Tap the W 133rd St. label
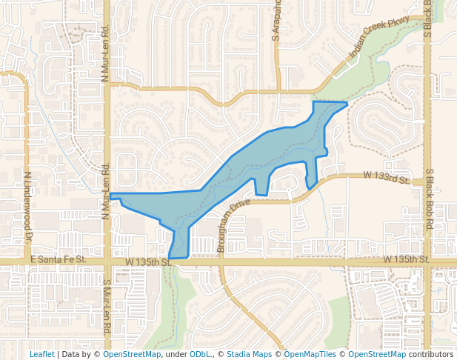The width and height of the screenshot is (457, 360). pyautogui.click(x=386, y=178)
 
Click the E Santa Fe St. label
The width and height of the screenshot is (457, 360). pyautogui.click(x=59, y=259)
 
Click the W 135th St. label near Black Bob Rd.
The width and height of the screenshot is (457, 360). pyautogui.click(x=407, y=259)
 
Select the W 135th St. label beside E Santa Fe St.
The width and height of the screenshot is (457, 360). pyautogui.click(x=148, y=261)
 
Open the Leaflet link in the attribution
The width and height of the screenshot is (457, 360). pyautogui.click(x=41, y=354)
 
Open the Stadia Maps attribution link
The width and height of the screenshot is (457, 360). pyautogui.click(x=249, y=354)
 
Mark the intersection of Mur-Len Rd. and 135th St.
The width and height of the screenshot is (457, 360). pyautogui.click(x=107, y=261)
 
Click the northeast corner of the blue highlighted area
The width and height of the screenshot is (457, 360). pyautogui.click(x=347, y=104)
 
